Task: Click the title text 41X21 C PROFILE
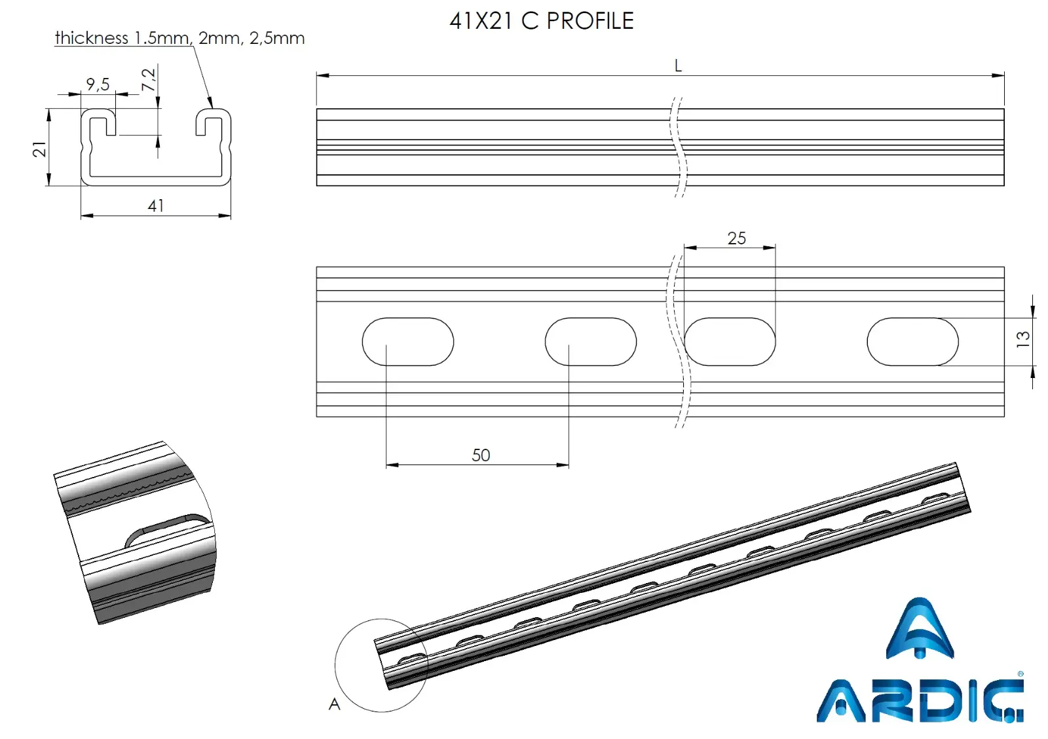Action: tap(541, 22)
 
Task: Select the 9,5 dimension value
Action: tap(98, 84)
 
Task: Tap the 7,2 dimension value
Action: tap(149, 79)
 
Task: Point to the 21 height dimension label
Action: tap(40, 149)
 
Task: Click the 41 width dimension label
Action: tap(156, 206)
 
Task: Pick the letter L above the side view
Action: tap(678, 66)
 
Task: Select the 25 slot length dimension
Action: tap(736, 238)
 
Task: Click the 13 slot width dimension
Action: tap(1022, 339)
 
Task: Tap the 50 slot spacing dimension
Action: tap(481, 455)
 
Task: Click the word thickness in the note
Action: tap(92, 38)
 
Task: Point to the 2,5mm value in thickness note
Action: tap(277, 38)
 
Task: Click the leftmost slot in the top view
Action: tap(407, 341)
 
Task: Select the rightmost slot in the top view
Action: tap(912, 341)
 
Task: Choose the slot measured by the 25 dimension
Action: tap(730, 341)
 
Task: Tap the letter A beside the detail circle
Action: tap(335, 704)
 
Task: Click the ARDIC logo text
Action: tap(920, 701)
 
